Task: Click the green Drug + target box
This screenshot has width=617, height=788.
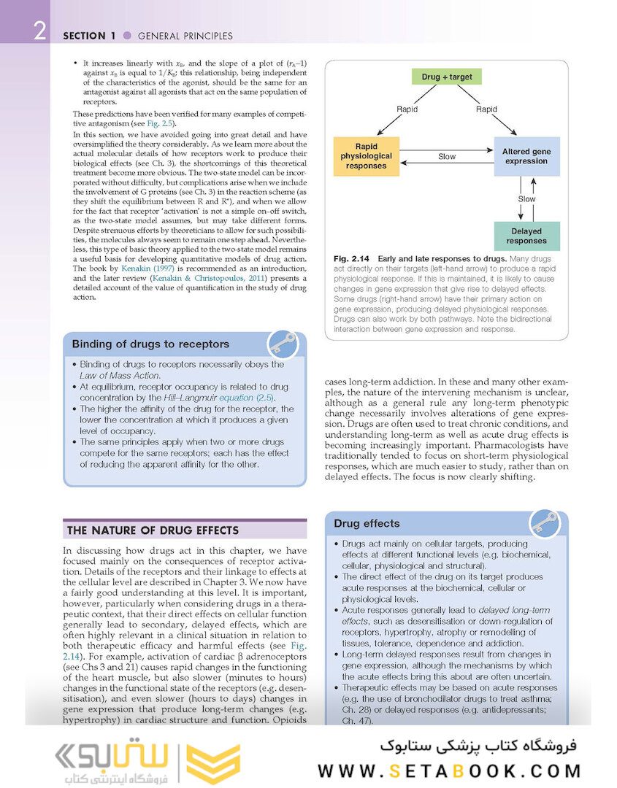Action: point(447,77)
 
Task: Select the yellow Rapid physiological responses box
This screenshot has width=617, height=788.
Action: point(366,156)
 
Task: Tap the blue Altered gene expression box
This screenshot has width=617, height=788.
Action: point(526,156)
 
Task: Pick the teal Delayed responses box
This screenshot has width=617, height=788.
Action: point(526,236)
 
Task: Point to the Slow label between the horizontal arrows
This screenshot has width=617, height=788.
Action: point(447,156)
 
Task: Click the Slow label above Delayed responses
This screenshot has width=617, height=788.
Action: point(526,198)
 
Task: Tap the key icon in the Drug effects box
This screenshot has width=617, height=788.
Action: point(544,522)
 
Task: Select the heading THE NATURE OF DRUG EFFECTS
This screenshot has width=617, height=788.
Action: point(152,530)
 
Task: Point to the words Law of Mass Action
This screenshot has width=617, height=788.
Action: point(119,375)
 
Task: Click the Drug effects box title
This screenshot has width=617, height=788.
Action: point(367,523)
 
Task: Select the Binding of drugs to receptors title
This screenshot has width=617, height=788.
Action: point(150,344)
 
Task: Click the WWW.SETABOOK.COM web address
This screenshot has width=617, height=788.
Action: point(449,770)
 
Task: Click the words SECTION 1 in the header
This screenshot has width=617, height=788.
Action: point(90,35)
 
